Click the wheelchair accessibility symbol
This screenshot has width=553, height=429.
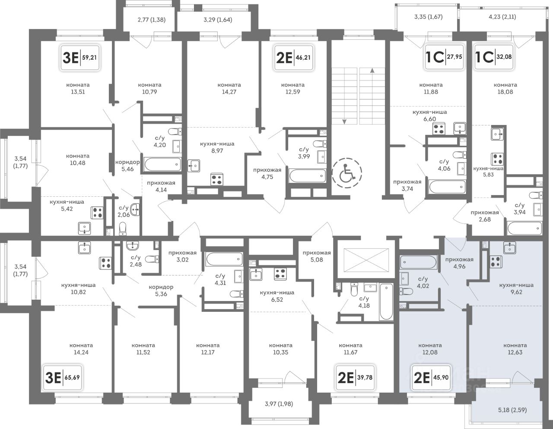tap(347, 173)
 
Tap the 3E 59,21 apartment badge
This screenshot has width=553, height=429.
tap(80, 58)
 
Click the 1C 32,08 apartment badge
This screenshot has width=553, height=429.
tap(494, 57)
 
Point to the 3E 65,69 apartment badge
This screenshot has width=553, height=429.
tap(63, 378)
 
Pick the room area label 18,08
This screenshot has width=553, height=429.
tap(505, 92)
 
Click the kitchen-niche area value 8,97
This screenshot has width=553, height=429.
tap(217, 150)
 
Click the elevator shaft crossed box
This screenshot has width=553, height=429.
tap(366, 260)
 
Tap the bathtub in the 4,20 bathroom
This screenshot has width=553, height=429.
tap(162, 164)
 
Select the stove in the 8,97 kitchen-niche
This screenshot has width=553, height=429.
tap(217, 179)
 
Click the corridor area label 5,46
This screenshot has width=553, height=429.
tap(127, 169)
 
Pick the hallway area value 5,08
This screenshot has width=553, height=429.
tap(317, 259)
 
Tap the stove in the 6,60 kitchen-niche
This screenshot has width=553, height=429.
tap(439, 128)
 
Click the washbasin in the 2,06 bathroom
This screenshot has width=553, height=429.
tap(135, 210)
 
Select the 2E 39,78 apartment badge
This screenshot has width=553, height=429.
tap(355, 378)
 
